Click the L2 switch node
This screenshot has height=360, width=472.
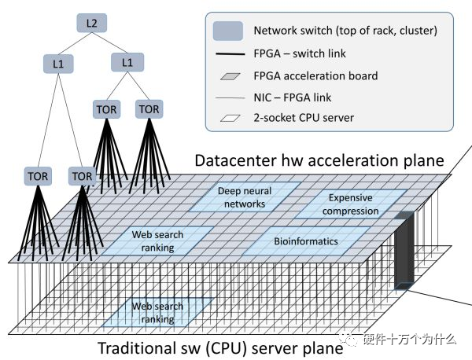tap(92, 23)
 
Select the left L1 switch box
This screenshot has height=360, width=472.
tap(58, 64)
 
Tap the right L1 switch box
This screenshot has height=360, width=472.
tap(127, 63)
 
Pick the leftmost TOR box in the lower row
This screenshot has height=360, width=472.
tap(38, 176)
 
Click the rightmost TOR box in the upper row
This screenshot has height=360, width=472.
tap(149, 109)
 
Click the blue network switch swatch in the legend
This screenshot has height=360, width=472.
tap(228, 31)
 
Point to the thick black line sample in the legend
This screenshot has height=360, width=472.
tap(230, 54)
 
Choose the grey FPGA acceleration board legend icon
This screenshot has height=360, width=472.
tap(230, 76)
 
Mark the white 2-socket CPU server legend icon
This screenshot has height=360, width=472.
tap(230, 118)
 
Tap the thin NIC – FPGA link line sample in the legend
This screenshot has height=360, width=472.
tap(230, 97)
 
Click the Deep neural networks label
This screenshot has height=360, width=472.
tap(245, 197)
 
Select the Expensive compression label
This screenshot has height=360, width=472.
tap(350, 204)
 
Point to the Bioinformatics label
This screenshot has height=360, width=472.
tap(306, 241)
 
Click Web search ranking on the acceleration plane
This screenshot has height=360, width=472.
tap(157, 241)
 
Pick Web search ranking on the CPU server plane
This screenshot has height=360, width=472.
tap(157, 313)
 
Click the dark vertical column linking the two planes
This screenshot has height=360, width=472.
tap(404, 250)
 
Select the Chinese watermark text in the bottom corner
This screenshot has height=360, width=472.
tap(409, 340)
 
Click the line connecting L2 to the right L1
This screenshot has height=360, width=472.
tap(109, 42)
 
